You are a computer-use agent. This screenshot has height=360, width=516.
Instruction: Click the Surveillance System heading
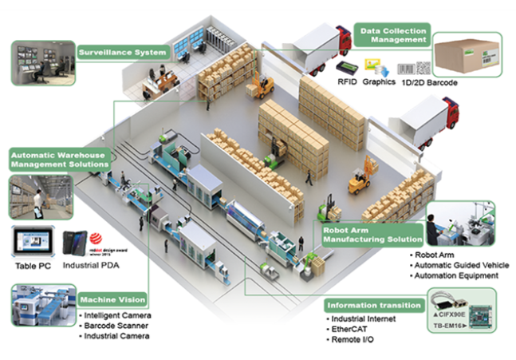(x=122, y=53)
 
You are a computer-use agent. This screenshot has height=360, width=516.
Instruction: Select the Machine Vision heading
(x=114, y=299)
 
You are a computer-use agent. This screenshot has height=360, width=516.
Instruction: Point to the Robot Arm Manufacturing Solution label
(x=373, y=234)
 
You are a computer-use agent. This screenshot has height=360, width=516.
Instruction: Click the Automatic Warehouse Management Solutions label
(x=60, y=158)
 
